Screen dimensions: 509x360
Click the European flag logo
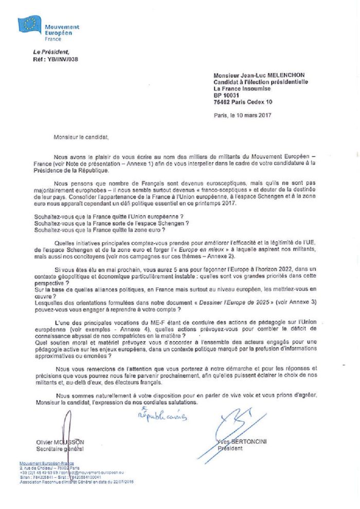coord(30,25)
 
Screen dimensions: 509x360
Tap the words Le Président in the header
coord(50,52)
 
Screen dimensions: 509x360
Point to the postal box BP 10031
coord(227,95)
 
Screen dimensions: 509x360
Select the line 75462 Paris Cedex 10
coord(243,102)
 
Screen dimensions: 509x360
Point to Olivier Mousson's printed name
coord(60,442)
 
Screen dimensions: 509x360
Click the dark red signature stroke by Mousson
coord(66,432)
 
